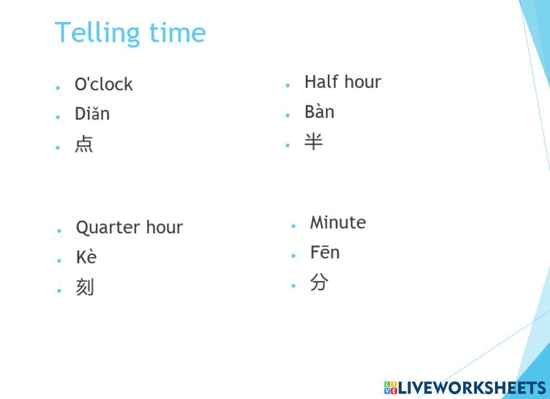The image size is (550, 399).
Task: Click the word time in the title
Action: (177, 33)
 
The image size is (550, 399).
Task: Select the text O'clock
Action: (103, 84)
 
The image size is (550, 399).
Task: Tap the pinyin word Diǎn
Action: (92, 114)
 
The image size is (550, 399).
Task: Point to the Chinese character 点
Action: (84, 144)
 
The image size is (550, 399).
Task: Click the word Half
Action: (321, 82)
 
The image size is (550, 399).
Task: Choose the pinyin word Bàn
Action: (319, 112)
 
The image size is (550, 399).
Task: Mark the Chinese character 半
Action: (313, 142)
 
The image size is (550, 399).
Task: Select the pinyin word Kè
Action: (86, 257)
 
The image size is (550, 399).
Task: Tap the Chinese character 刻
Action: (85, 287)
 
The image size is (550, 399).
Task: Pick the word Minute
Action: (338, 222)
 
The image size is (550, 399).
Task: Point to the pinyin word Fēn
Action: (324, 253)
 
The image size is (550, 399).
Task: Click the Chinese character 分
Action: (319, 282)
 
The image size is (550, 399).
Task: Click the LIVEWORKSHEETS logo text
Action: (471, 387)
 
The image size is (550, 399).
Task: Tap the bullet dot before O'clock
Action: (58, 87)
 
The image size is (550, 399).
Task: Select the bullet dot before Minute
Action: (294, 226)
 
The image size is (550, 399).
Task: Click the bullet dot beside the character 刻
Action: (59, 290)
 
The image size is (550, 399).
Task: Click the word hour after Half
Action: (362, 82)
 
